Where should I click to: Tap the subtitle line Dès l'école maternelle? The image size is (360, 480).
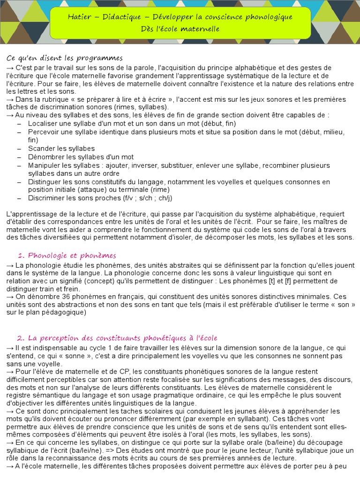pyautogui.click(x=180, y=29)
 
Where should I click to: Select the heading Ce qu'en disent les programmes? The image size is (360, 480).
pyautogui.click(x=65, y=58)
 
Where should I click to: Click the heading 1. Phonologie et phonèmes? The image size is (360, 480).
pyautogui.click(x=67, y=255)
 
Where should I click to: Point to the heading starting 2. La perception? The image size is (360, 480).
pyautogui.click(x=117, y=338)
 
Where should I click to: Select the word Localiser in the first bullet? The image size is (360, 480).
pyautogui.click(x=43, y=123)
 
